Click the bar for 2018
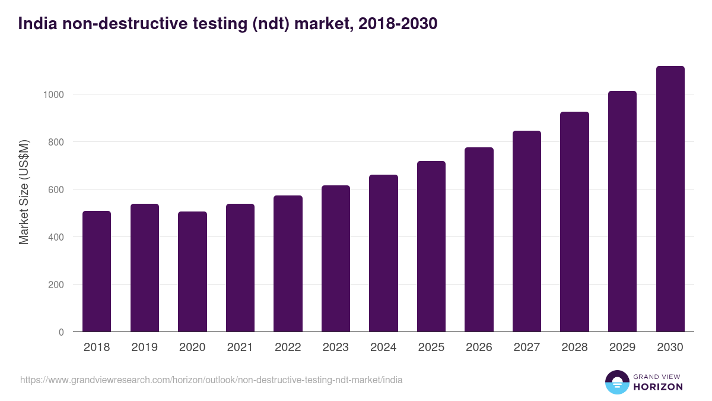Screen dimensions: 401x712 pyautogui.click(x=97, y=271)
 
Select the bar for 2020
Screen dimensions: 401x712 pyautogui.click(x=192, y=271)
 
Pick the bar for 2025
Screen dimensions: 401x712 pyautogui.click(x=431, y=247)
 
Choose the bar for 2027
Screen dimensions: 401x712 pyautogui.click(x=527, y=231)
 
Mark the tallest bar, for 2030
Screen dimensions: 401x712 pyautogui.click(x=670, y=199)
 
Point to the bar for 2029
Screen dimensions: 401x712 pyautogui.click(x=622, y=211)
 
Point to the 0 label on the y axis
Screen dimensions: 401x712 pyautogui.click(x=61, y=332)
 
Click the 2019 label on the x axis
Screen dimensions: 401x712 pyautogui.click(x=145, y=348)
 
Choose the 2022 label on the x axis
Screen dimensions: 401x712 pyautogui.click(x=288, y=348)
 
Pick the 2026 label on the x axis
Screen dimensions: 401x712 pyautogui.click(x=479, y=348)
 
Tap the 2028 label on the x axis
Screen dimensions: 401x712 pyautogui.click(x=574, y=348)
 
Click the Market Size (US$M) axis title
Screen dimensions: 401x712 pyautogui.click(x=24, y=192)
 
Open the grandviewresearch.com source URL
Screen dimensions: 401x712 pyautogui.click(x=211, y=380)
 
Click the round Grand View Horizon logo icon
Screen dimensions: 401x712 pyautogui.click(x=617, y=382)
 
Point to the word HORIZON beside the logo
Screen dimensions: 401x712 pyautogui.click(x=658, y=387)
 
